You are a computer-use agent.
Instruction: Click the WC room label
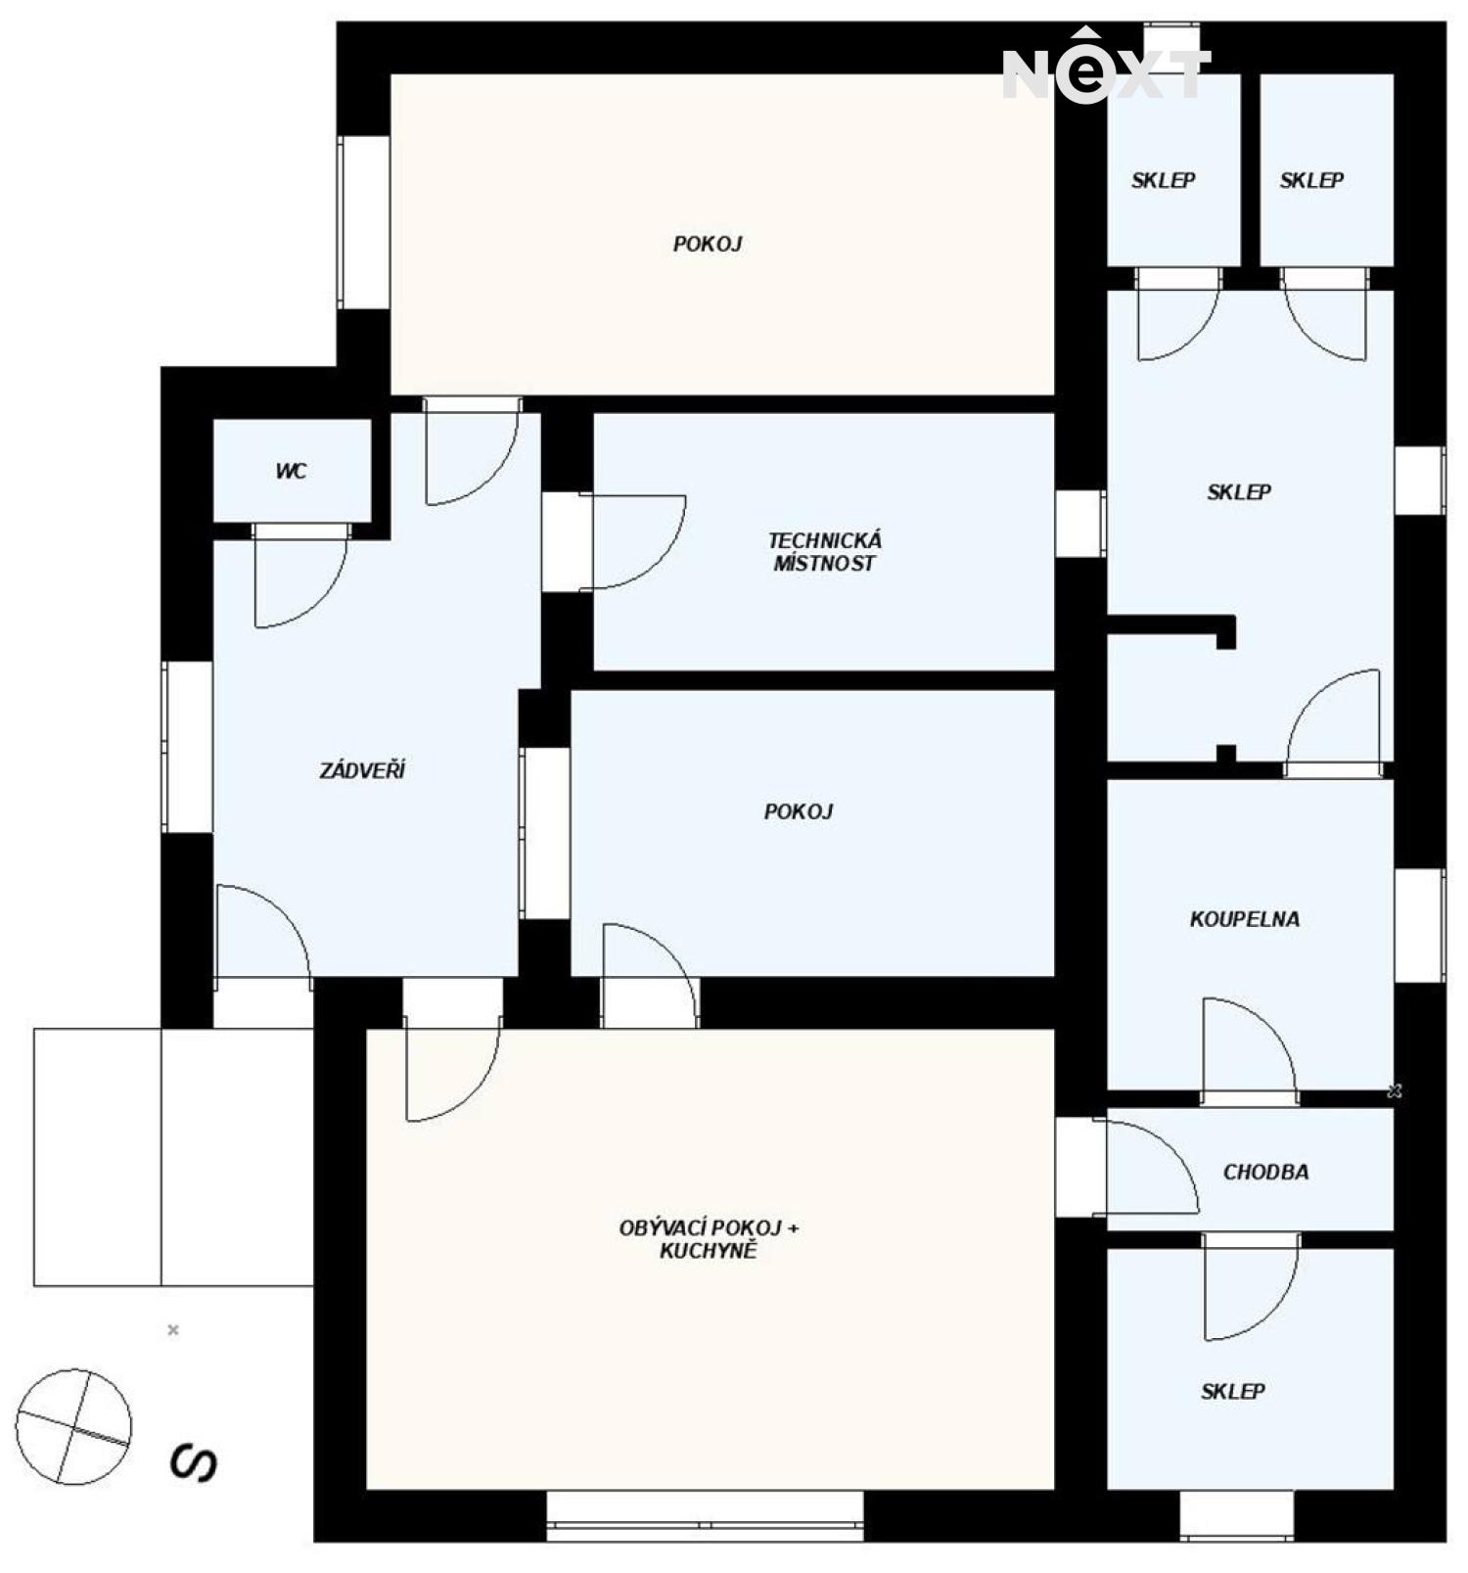[291, 471]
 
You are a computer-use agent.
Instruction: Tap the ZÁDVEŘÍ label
[362, 769]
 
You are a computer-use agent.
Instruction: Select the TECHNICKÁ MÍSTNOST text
[824, 551]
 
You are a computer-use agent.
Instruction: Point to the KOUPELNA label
[1245, 918]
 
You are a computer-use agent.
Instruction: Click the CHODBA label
[1265, 1171]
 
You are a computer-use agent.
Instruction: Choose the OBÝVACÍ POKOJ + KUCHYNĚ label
[709, 1238]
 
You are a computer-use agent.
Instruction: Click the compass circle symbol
[73, 1425]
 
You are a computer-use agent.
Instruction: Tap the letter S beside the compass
[193, 1462]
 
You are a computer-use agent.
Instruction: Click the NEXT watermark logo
[1106, 66]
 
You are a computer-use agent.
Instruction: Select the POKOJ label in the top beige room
[708, 243]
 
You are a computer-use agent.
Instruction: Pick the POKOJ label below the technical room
[799, 810]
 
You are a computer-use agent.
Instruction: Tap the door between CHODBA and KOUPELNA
[1250, 1048]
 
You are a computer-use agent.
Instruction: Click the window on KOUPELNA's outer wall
[1419, 924]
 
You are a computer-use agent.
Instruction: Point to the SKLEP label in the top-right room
[1311, 179]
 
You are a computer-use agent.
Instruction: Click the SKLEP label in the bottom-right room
[1233, 1390]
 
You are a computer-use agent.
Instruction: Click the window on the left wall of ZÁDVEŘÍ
[187, 747]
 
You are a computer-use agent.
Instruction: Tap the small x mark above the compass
[173, 1329]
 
